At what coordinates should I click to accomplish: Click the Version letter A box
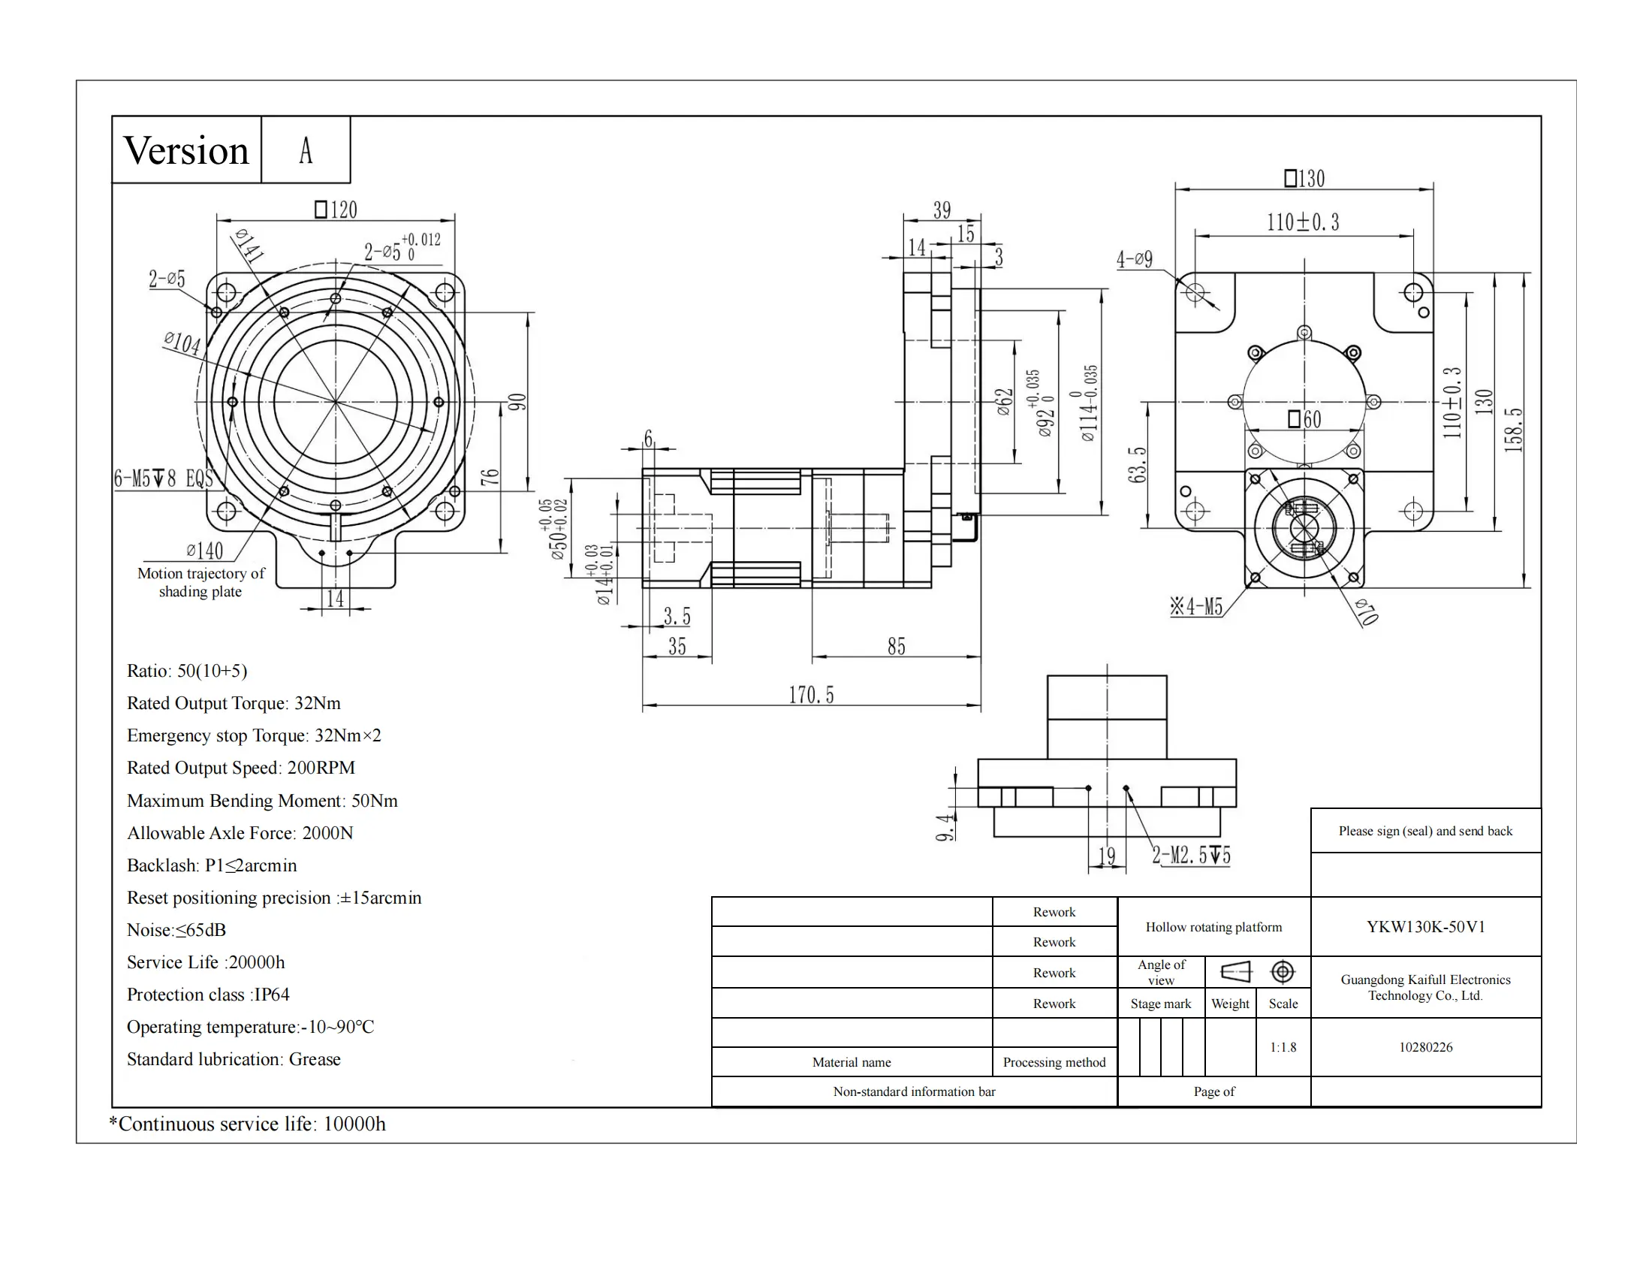tap(306, 149)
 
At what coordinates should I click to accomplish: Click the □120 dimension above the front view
tap(336, 210)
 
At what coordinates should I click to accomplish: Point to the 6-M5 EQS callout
tap(164, 478)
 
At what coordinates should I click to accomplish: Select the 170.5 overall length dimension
tap(811, 695)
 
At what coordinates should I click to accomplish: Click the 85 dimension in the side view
tap(897, 646)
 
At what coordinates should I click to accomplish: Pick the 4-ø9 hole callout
tap(1135, 259)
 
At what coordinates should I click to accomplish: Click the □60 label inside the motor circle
tap(1305, 418)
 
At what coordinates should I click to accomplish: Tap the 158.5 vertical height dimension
tap(1513, 430)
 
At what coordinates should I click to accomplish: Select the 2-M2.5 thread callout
tap(1192, 856)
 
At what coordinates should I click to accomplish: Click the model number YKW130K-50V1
tap(1426, 927)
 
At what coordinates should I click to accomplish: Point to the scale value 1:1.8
tap(1283, 1048)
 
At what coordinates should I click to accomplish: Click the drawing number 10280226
tap(1426, 1048)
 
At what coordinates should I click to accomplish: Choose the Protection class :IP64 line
tap(208, 995)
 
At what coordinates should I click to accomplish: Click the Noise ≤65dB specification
tap(176, 930)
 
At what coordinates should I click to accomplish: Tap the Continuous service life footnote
tap(247, 1125)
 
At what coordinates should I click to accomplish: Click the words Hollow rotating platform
tap(1214, 927)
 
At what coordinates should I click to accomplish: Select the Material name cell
tap(852, 1062)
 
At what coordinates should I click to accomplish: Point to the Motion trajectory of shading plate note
tap(201, 582)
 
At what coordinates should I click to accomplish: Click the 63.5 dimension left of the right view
tap(1138, 464)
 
